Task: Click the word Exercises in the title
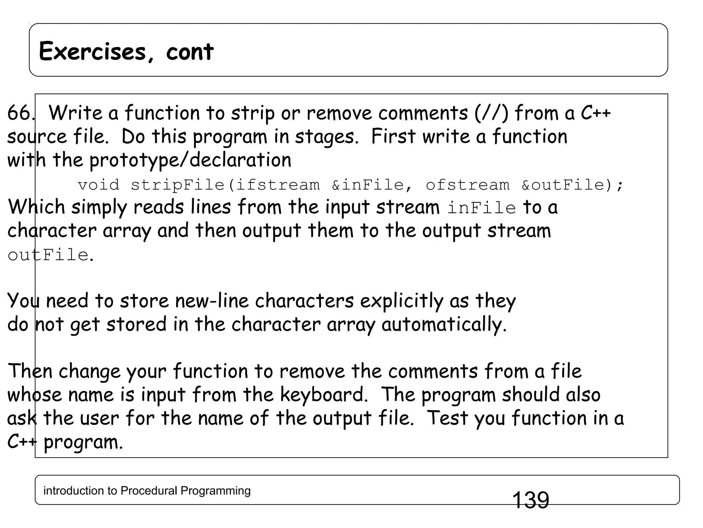pyautogui.click(x=92, y=52)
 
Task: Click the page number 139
pyautogui.click(x=530, y=500)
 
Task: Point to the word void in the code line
pyautogui.click(x=99, y=185)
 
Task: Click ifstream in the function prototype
pyautogui.click(x=277, y=185)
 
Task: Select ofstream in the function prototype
pyautogui.click(x=468, y=185)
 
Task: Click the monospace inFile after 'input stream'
pyautogui.click(x=482, y=208)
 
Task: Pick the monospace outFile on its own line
pyautogui.click(x=48, y=255)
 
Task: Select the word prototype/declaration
pyautogui.click(x=190, y=160)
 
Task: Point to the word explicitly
pyautogui.click(x=402, y=301)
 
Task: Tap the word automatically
pyautogui.click(x=443, y=324)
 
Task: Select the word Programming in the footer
pyautogui.click(x=216, y=491)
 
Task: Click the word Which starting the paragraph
pyautogui.click(x=36, y=207)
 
